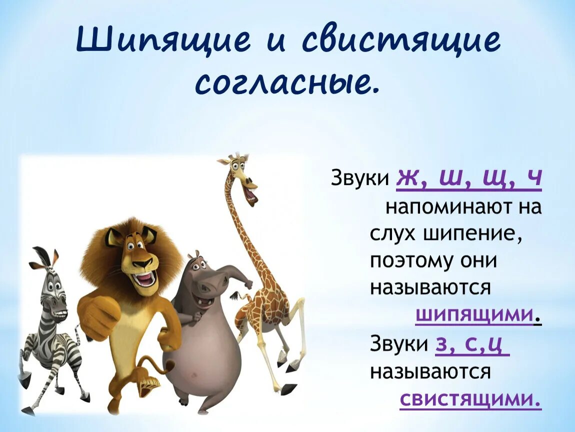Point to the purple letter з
click(442, 344)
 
